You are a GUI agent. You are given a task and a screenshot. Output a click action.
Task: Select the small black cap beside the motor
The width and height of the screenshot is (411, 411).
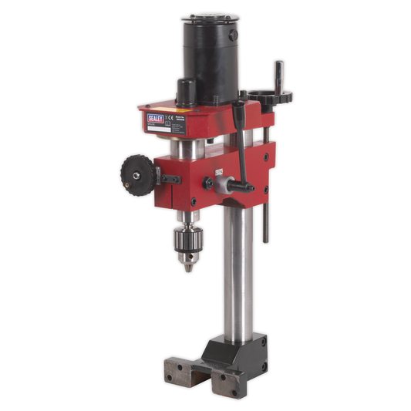[x=186, y=90]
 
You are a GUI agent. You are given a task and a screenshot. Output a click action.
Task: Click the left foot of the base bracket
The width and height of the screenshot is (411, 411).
[x=177, y=370]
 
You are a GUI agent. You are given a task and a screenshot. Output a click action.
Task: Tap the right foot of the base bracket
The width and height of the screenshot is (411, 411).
[x=229, y=384]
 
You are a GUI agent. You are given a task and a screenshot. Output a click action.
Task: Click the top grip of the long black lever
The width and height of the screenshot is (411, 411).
[x=242, y=100]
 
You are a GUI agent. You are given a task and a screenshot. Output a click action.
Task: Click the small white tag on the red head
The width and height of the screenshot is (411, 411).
[x=218, y=172]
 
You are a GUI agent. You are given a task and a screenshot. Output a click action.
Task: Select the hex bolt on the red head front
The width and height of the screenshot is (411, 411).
[x=207, y=184]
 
